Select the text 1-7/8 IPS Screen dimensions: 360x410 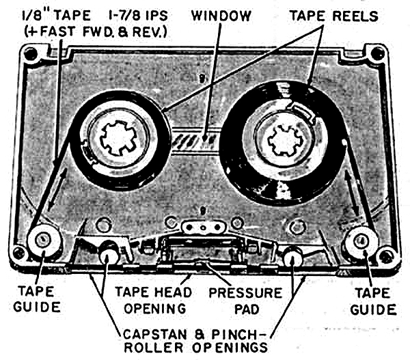tap(138, 13)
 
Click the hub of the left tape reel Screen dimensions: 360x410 tap(120, 136)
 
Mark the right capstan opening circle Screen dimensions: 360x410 tap(292, 257)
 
